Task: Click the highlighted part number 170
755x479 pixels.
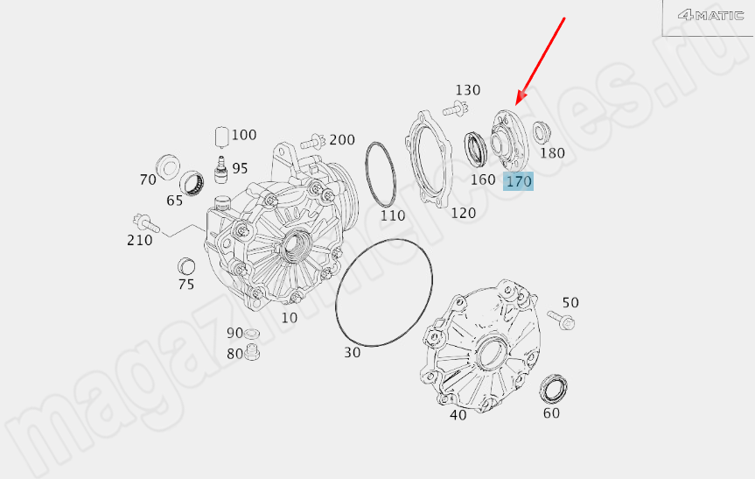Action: coord(519,181)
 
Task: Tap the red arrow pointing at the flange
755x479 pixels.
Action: coord(541,61)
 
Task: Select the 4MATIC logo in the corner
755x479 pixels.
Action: coord(710,15)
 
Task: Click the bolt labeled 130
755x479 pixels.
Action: coord(455,109)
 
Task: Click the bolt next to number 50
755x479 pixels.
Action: coord(562,320)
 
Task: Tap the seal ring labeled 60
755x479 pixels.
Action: coord(553,389)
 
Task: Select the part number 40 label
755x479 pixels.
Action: coord(458,415)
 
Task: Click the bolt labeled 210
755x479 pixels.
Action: coord(146,222)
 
